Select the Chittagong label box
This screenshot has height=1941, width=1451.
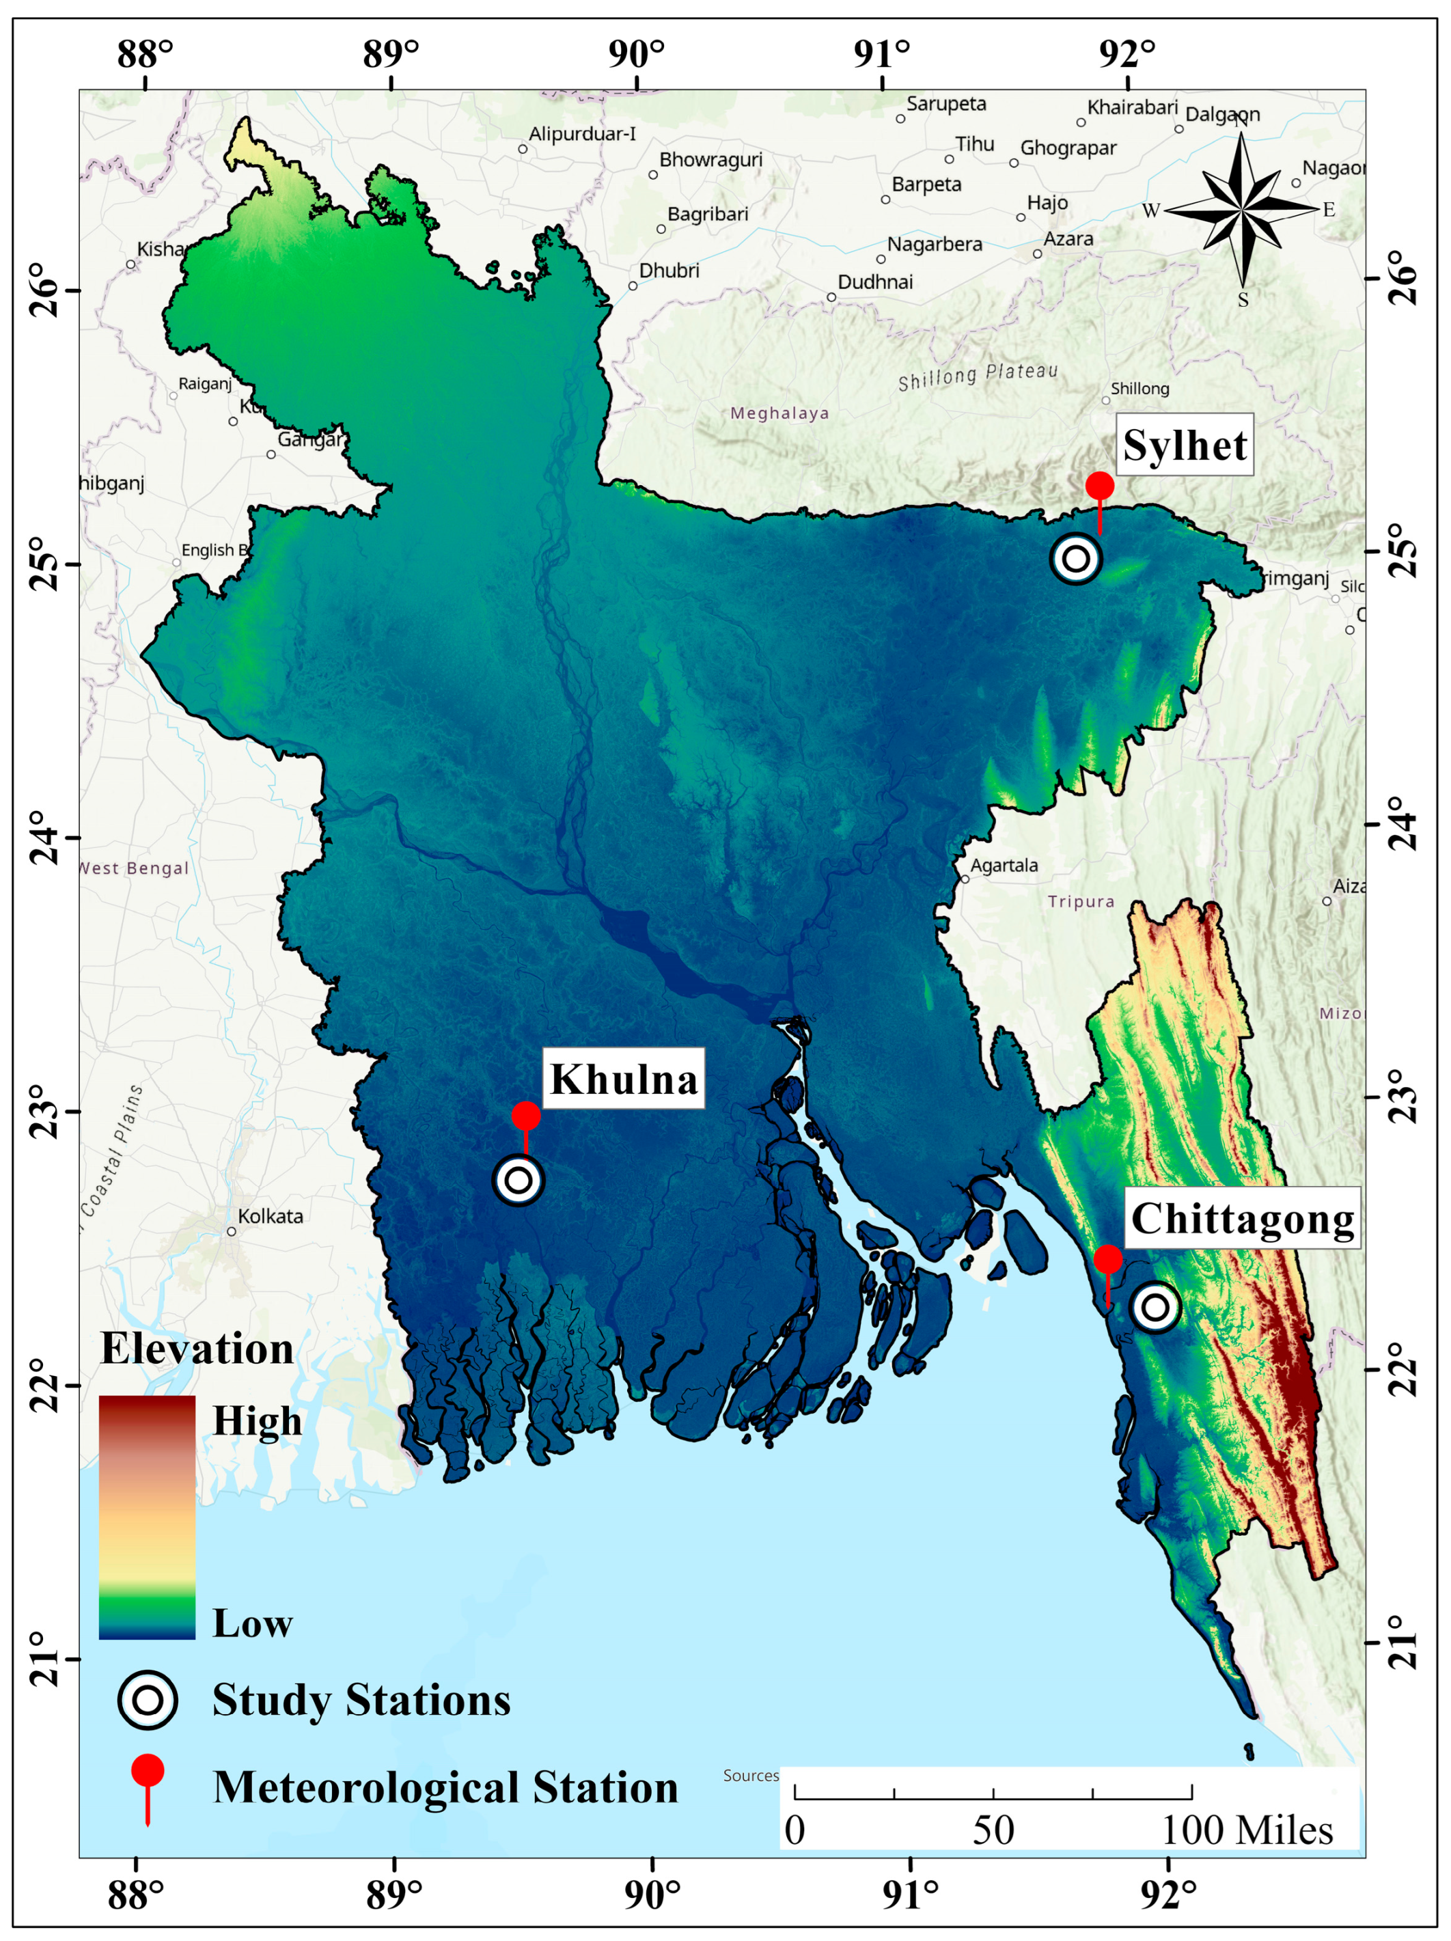click(1241, 1218)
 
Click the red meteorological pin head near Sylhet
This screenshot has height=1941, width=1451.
click(1099, 485)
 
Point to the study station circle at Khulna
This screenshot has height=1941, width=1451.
click(519, 1180)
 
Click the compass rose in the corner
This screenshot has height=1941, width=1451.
click(1241, 209)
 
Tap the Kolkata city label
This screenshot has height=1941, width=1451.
click(271, 1216)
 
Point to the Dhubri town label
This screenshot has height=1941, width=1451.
click(669, 271)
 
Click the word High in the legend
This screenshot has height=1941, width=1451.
click(256, 1420)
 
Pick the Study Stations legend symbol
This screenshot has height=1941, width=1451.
click(148, 1700)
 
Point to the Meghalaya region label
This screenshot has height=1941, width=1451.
click(779, 413)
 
